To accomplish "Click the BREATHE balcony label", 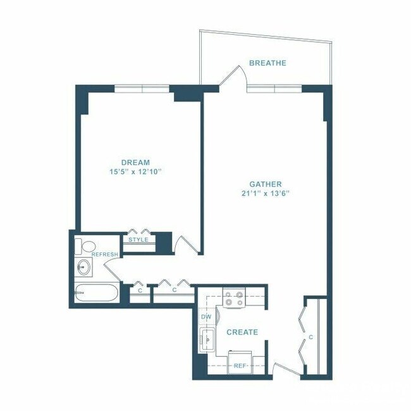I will pos(267,63).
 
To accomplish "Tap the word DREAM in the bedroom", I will pos(136,162).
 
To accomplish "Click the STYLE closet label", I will pos(138,240).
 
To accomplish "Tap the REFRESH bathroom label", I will pos(105,254).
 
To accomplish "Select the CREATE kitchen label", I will pos(242,332).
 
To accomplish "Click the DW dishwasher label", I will pos(205,316).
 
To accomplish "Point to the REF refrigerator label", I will pos(240,365).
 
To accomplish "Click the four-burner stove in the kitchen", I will pos(234,298).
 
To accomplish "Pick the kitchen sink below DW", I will pos(206,341).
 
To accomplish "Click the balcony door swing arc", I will pos(232,76).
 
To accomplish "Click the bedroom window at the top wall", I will pos(142,89).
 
